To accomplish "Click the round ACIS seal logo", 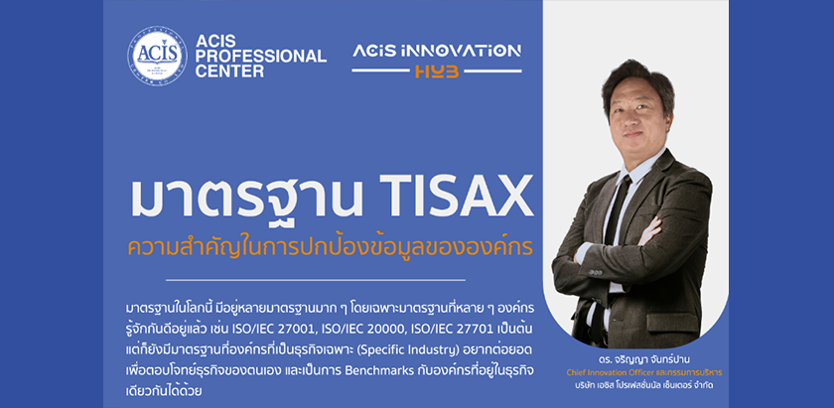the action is pos(157,56).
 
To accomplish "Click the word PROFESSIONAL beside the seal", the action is pos(260,56).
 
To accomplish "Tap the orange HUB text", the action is pos(437,71).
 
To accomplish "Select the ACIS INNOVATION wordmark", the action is pos(437,51).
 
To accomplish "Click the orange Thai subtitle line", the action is pos(331,247).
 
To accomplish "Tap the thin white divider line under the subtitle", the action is pos(316,279).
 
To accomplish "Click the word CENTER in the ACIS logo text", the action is pos(229,70).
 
